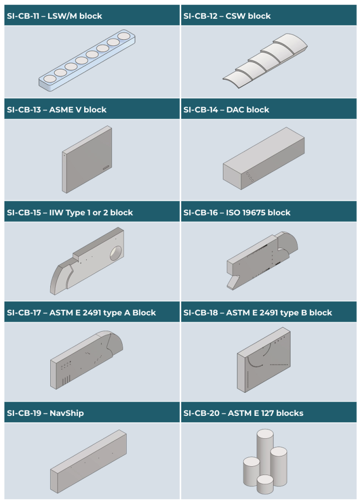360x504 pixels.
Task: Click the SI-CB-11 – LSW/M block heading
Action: point(54,16)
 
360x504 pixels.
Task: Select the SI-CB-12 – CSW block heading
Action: point(227,16)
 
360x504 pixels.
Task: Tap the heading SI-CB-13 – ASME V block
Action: point(57,109)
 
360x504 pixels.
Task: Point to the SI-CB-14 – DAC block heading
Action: point(226,109)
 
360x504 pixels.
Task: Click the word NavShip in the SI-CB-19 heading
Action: point(66,413)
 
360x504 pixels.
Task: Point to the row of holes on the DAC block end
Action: point(250,177)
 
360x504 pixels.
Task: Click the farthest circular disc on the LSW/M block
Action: point(124,36)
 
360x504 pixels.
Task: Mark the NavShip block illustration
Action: point(88,458)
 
